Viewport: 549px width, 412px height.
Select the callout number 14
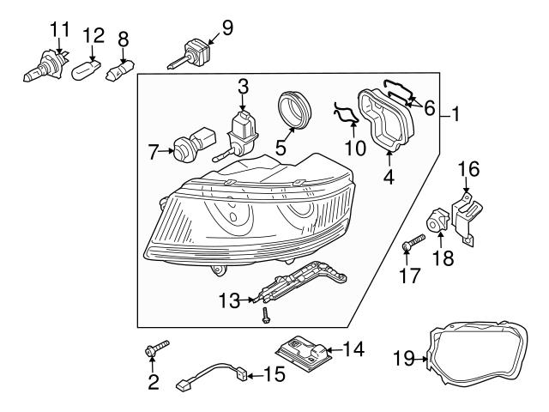click(x=354, y=349)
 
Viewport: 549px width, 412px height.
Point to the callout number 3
click(x=243, y=86)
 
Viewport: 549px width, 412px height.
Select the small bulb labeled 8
click(x=120, y=70)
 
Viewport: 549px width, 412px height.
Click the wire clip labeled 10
click(x=344, y=113)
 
